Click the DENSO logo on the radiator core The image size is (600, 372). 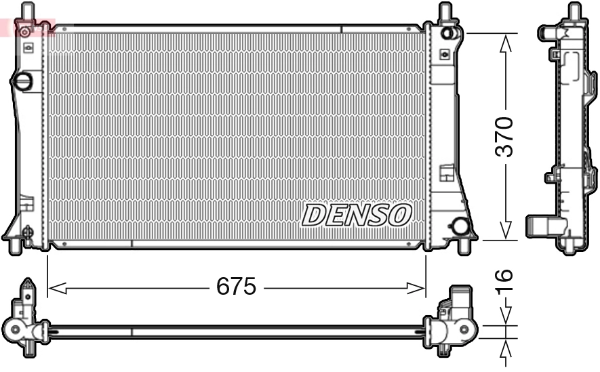tap(357, 215)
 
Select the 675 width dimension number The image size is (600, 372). tap(236, 287)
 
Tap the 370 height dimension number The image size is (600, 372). tap(504, 137)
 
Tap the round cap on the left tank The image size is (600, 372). tap(22, 82)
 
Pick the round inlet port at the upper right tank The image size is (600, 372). tap(447, 33)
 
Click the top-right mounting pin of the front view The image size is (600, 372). tap(445, 12)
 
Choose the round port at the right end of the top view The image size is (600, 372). tap(465, 331)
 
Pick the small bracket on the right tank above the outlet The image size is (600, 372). tap(447, 173)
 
